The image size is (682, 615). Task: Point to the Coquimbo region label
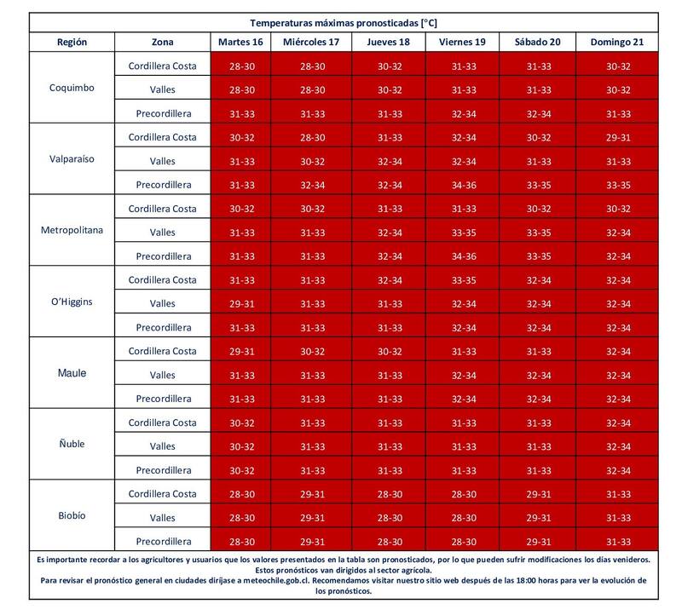(x=72, y=89)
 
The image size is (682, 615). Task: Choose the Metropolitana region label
(x=72, y=231)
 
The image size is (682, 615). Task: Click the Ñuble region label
(x=72, y=444)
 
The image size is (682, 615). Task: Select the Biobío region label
(x=72, y=515)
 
